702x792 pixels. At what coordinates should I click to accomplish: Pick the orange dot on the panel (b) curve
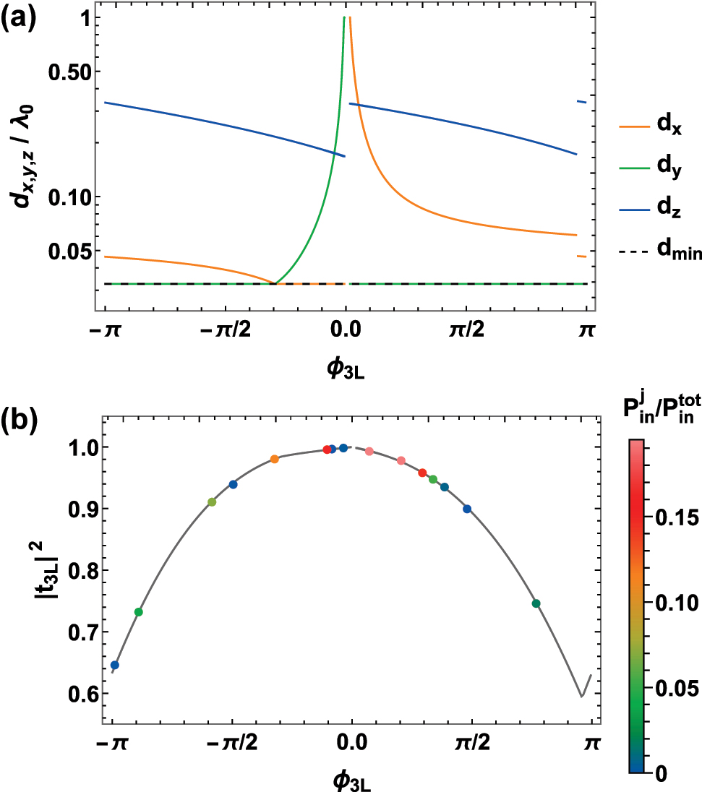tap(275, 460)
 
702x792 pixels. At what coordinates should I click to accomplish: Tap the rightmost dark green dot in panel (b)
tap(536, 603)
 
